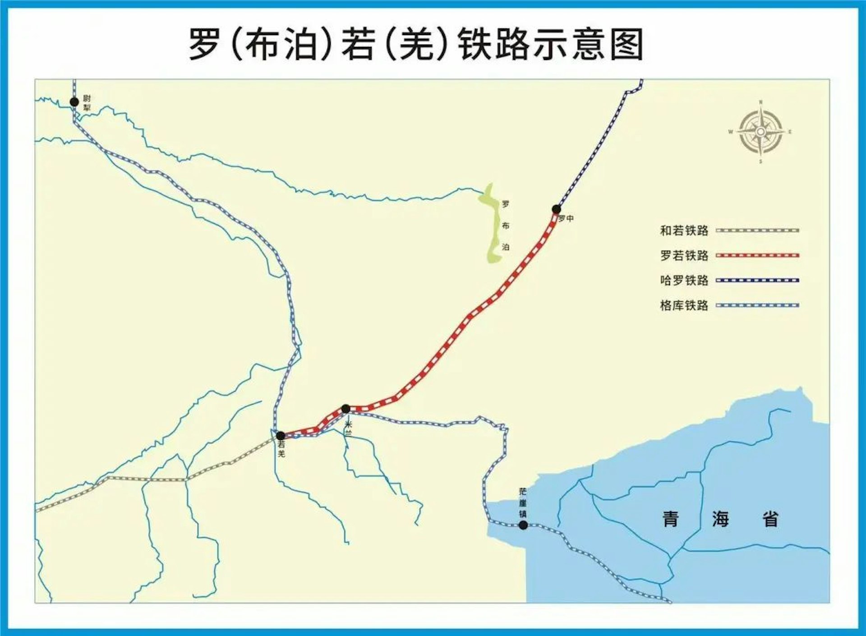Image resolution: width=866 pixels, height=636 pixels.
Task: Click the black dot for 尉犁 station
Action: tap(74, 102)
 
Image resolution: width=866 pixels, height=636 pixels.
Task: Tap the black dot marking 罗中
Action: tap(557, 209)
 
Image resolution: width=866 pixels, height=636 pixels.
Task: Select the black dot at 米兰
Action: tap(346, 409)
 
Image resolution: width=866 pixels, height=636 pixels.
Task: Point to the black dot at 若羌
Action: tap(281, 436)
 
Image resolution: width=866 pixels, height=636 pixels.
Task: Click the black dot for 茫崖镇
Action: tap(523, 525)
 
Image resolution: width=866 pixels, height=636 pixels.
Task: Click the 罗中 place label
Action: tap(567, 219)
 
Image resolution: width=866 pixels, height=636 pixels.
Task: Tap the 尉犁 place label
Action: tap(87, 103)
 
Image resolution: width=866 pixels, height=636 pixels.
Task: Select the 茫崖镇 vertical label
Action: tap(523, 502)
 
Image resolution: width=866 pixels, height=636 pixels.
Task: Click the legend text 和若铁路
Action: tap(684, 230)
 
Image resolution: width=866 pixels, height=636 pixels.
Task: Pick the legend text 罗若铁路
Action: tap(684, 255)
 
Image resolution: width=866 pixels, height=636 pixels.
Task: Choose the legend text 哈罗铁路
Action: tap(684, 280)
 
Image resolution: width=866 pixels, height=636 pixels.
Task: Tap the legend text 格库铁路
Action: tap(684, 305)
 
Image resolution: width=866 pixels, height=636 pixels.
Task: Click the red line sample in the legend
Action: tap(757, 255)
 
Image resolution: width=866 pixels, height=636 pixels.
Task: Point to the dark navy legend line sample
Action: tap(757, 280)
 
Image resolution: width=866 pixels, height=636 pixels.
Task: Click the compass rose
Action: tap(760, 132)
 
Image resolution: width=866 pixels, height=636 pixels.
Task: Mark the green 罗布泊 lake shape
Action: tap(493, 226)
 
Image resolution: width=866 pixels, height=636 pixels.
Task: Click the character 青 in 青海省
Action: tap(671, 519)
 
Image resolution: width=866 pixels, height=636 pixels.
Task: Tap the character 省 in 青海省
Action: tap(770, 519)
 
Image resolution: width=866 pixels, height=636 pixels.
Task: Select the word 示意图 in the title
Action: tap(589, 45)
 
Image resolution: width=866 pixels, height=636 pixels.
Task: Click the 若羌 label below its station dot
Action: tap(281, 449)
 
